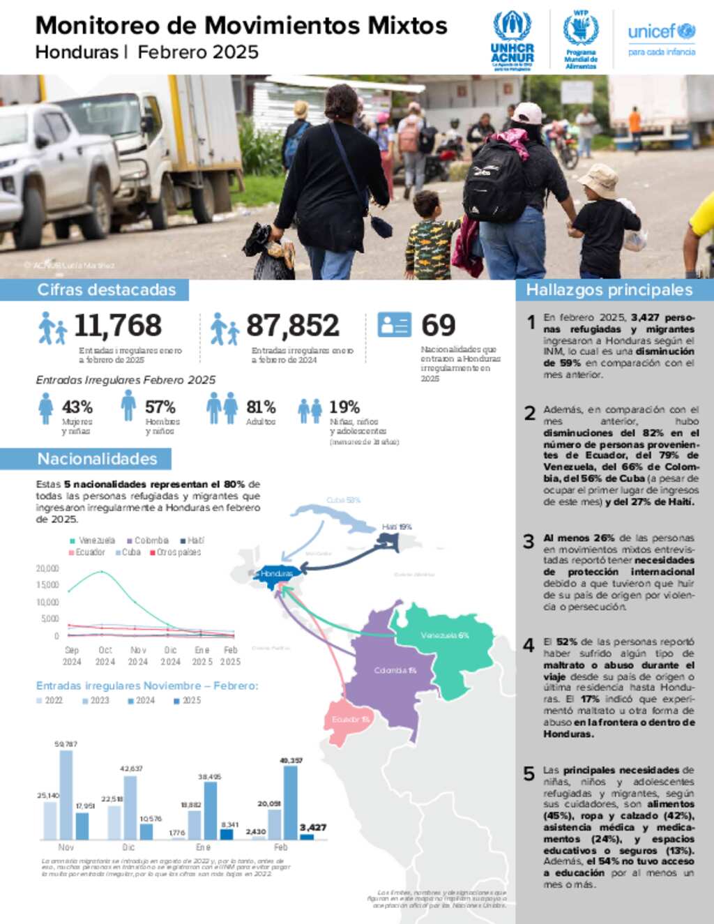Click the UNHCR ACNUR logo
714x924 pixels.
click(x=512, y=40)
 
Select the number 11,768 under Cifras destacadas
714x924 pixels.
click(x=118, y=326)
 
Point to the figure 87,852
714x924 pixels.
click(x=293, y=326)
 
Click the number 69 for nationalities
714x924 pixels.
click(x=438, y=326)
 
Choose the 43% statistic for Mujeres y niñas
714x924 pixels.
click(x=77, y=407)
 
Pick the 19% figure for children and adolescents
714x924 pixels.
click(x=344, y=407)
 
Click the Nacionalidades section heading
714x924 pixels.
click(x=97, y=459)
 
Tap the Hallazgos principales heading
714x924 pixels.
click(x=609, y=290)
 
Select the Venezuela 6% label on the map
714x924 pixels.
click(x=444, y=635)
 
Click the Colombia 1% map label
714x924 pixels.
click(x=395, y=670)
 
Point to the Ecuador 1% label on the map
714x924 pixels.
click(x=350, y=719)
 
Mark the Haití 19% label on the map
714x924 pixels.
click(x=397, y=527)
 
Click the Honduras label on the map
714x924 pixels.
click(x=277, y=573)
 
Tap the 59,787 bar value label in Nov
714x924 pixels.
click(x=66, y=744)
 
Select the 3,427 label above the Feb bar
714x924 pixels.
click(x=313, y=828)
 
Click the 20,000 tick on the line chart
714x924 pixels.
click(x=47, y=568)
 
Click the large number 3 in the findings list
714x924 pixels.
click(x=529, y=541)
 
